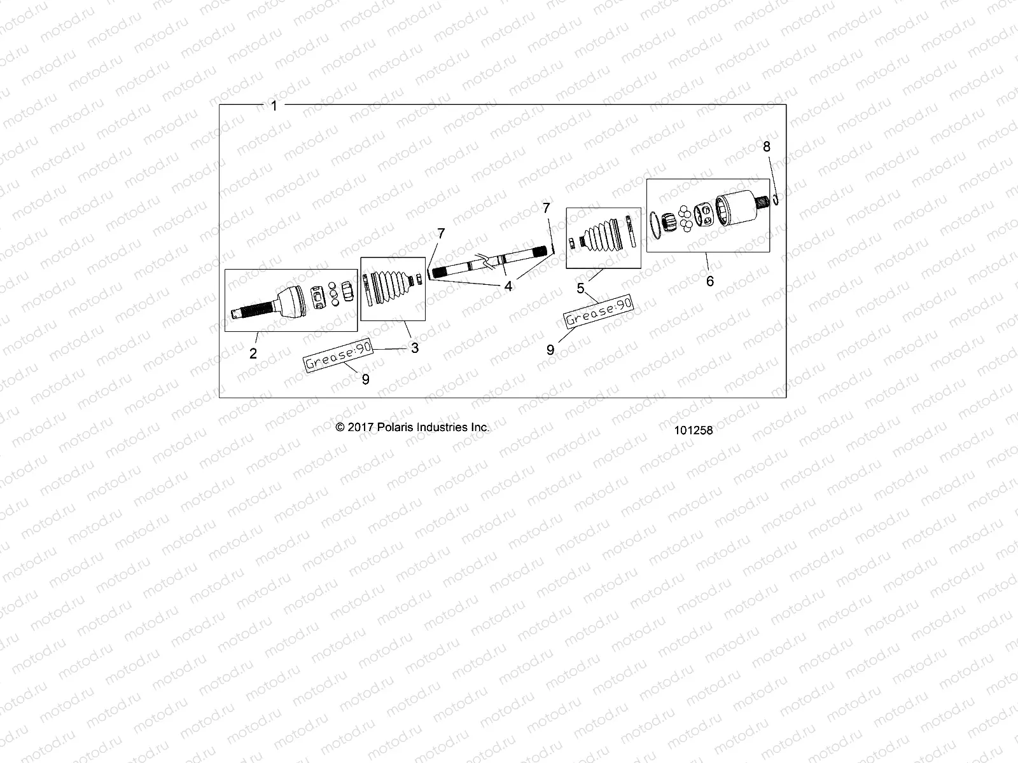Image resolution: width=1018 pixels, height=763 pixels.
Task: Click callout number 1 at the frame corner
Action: (274, 106)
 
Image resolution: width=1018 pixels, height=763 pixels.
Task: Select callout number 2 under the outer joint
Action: (253, 354)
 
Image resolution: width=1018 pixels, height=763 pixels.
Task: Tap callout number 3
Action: (415, 348)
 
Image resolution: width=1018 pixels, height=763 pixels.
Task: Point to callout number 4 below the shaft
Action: (508, 287)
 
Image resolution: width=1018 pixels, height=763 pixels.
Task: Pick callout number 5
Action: (580, 289)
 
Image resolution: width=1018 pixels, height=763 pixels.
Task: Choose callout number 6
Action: (710, 280)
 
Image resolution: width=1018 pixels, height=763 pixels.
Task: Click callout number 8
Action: (767, 147)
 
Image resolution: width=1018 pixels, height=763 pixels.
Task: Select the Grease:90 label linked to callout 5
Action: (599, 312)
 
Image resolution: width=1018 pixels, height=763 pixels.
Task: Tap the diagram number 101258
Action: (694, 430)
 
